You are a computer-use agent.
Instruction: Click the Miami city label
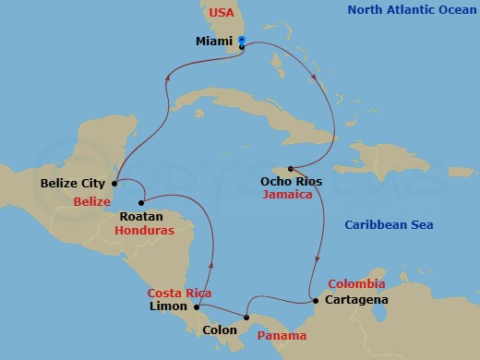[x=214, y=42]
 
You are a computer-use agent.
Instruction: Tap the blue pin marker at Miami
[x=241, y=41]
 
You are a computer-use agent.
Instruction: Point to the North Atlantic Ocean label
[x=413, y=11]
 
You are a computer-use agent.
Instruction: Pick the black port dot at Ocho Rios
[x=290, y=168]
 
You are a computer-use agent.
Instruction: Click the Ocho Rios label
[x=292, y=182]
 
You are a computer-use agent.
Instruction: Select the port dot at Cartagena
[x=315, y=301]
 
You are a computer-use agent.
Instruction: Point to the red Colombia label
[x=355, y=283]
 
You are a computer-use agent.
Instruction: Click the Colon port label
[x=219, y=327]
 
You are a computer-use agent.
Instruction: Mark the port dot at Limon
[x=197, y=306]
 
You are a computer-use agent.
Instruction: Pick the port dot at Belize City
[x=114, y=183]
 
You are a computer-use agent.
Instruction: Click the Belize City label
[x=73, y=184]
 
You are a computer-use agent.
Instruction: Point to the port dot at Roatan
[x=140, y=202]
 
